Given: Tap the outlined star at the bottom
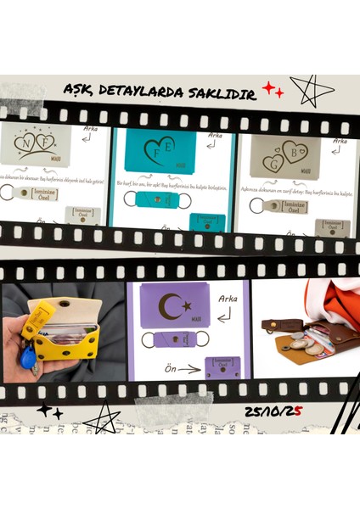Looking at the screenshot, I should [x=104, y=417].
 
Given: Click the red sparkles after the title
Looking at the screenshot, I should [x=272, y=89].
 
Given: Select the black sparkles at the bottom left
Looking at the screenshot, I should [x=48, y=411].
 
